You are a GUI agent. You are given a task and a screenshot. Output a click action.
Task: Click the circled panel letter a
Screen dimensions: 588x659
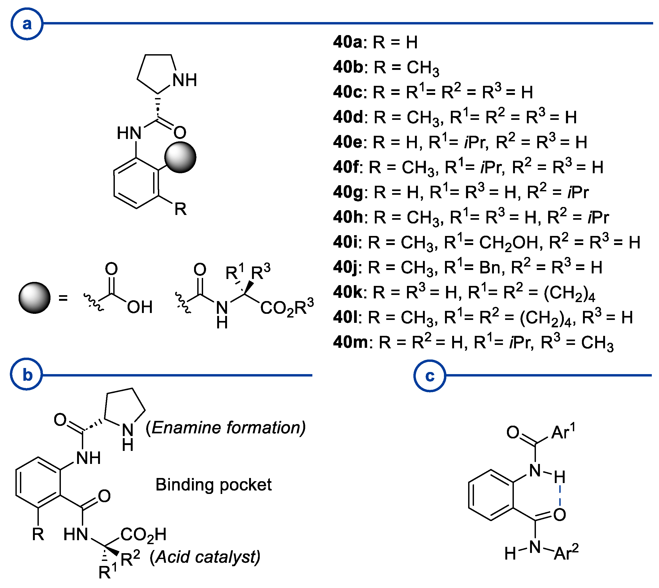click(27, 24)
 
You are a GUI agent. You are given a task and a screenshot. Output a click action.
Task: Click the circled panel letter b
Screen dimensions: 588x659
click(27, 375)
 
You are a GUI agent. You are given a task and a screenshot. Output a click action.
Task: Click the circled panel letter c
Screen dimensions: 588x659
click(430, 376)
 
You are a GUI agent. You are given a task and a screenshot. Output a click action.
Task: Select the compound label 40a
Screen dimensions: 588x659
click(348, 42)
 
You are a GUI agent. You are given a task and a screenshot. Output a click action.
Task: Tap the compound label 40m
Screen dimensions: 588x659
click(350, 342)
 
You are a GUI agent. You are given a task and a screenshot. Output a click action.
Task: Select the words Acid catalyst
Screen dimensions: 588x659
click(205, 557)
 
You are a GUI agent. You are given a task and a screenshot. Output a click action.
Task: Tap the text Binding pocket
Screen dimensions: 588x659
click(213, 485)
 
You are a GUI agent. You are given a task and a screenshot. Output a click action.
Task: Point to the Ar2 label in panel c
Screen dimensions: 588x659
click(566, 552)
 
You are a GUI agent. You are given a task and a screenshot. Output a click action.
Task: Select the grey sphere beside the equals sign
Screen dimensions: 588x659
click(34, 298)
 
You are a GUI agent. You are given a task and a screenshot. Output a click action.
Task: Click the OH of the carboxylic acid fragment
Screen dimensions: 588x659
click(139, 307)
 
